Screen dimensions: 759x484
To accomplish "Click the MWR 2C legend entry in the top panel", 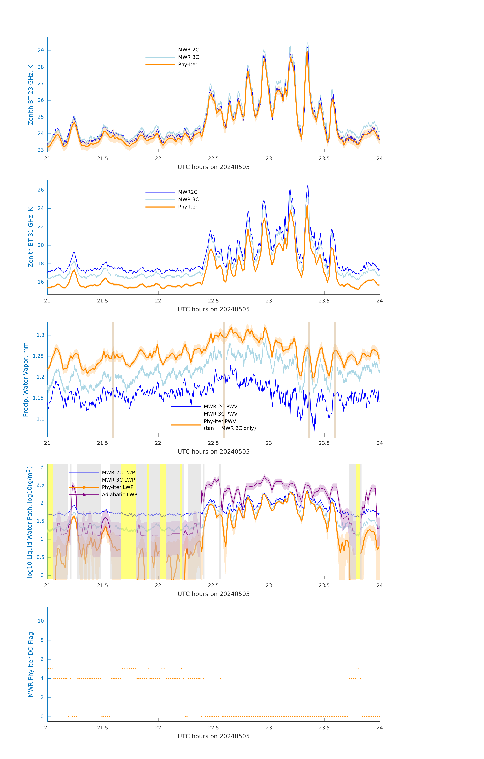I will [x=188, y=50].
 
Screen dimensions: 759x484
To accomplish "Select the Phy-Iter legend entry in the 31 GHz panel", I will [x=188, y=207].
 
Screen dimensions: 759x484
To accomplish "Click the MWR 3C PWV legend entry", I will [x=220, y=414].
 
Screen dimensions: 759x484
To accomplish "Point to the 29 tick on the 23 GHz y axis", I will [x=41, y=50].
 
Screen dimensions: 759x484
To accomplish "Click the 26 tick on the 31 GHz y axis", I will [x=41, y=190].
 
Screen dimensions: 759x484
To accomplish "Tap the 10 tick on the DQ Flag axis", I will [x=41, y=621].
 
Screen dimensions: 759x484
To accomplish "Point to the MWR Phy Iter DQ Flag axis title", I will [x=31, y=664].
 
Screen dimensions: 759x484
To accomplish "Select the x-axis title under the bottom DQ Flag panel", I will [x=213, y=736].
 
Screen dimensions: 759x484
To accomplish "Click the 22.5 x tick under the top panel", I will [x=213, y=159].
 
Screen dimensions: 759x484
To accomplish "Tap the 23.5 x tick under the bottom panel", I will [x=324, y=728].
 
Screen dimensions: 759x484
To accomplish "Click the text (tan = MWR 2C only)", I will [x=230, y=428].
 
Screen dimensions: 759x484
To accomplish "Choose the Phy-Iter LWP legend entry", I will [x=117, y=487].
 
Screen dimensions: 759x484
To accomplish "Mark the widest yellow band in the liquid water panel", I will [x=129, y=522].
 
